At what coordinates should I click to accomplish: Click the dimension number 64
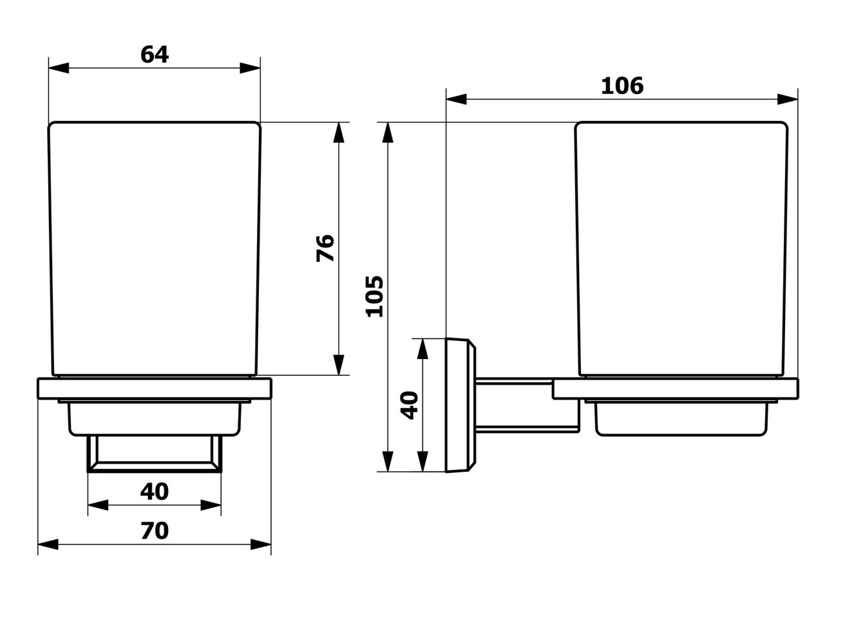155,55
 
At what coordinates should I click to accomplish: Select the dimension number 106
622,86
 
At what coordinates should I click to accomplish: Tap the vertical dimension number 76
325,248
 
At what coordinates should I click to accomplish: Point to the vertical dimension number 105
375,297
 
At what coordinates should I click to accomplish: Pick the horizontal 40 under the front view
155,492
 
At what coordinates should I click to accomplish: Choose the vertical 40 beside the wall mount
410,405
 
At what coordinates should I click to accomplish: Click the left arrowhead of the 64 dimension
59,68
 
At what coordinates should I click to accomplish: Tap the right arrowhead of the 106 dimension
788,100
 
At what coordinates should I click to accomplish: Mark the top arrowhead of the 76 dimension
339,133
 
